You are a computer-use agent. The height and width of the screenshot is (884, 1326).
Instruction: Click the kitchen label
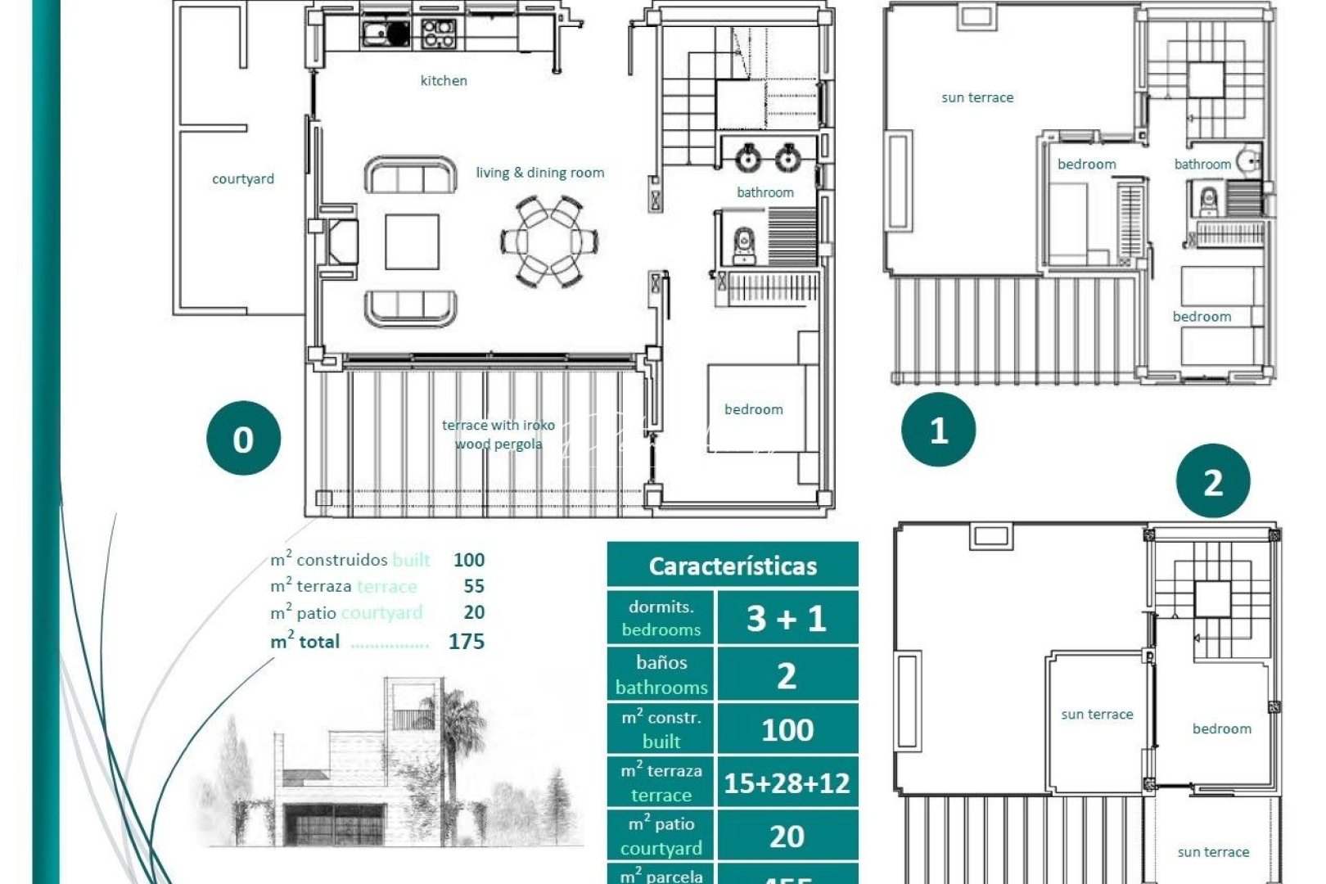444,80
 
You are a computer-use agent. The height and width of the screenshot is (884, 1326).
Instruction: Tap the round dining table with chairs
549,241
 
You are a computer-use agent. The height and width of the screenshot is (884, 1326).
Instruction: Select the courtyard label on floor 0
242,178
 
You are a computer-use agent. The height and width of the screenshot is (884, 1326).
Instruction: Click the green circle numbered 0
243,439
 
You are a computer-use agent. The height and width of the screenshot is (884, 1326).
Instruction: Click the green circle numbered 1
938,430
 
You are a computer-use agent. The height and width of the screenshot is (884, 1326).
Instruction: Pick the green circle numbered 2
1212,482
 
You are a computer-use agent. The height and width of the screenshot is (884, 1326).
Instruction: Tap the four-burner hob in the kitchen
438,33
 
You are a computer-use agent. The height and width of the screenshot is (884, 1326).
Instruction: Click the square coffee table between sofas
412,241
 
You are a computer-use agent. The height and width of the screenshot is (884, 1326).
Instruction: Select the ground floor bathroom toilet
743,245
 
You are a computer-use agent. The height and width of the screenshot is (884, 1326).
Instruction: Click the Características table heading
733,566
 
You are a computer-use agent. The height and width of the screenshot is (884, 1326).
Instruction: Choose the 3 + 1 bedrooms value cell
787,618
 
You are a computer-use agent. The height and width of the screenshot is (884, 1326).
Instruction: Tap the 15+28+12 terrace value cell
787,783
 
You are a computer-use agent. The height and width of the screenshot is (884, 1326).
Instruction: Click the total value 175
467,642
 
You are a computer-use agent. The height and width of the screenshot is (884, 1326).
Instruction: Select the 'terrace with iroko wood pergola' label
498,435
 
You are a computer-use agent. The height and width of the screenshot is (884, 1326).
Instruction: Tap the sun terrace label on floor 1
977,97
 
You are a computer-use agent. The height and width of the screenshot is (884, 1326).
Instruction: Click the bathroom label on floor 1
1202,165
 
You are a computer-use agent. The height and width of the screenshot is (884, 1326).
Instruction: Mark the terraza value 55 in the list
474,586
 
